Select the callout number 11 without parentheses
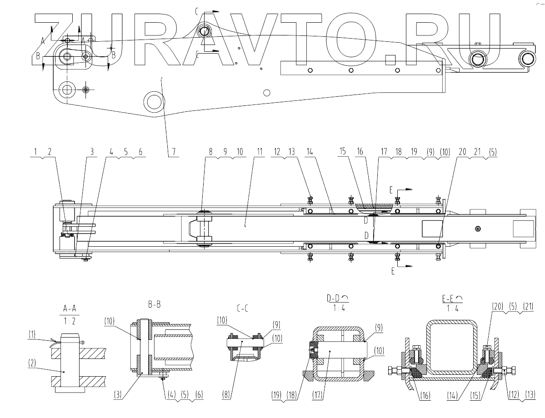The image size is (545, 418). [260, 153]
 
